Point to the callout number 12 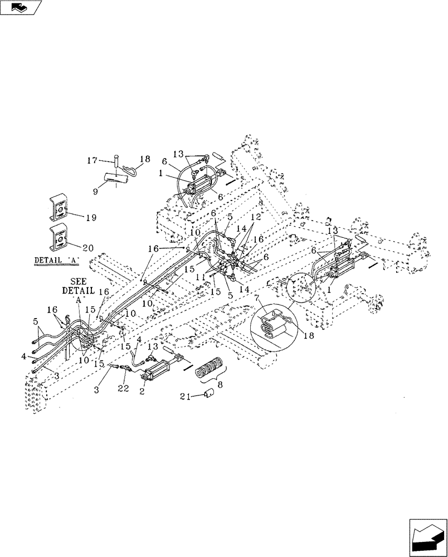pyautogui.click(x=255, y=217)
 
